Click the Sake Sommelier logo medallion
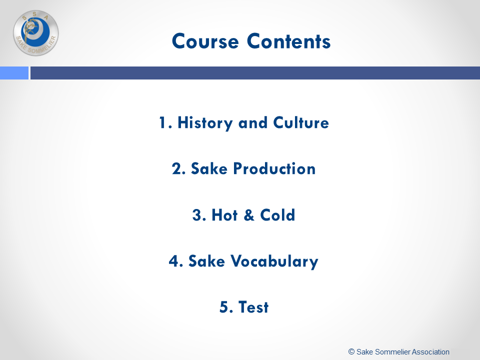36,33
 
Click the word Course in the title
205,41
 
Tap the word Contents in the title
288,41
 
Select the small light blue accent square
14,73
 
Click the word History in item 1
205,123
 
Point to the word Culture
301,122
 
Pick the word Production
274,168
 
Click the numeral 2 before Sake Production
177,168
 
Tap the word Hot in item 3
224,215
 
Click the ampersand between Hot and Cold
249,215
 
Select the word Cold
277,215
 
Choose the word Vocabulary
274,261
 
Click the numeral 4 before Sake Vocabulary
174,261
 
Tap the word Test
253,307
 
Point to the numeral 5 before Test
224,307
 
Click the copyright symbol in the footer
351,351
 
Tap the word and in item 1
253,123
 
